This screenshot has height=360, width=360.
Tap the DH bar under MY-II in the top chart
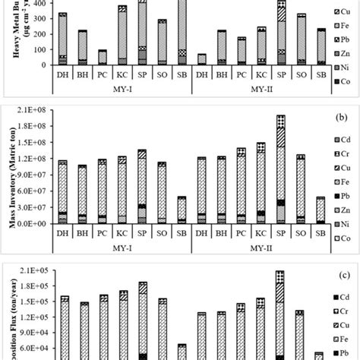(201, 58)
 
